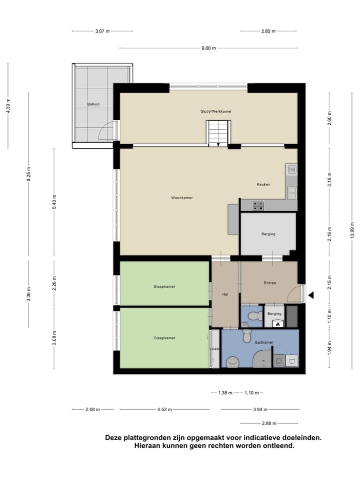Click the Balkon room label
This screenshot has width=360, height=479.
tap(93, 104)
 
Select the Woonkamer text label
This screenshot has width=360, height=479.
tap(181, 198)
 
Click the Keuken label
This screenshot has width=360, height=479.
tap(263, 184)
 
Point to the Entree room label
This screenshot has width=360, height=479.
tap(270, 283)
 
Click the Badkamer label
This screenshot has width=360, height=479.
tap(263, 342)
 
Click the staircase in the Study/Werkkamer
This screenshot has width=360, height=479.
tap(218, 134)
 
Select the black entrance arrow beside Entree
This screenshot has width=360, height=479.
tap(311, 296)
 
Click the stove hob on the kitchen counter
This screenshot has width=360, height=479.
tap(258, 204)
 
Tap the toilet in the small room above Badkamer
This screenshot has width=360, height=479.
tap(255, 315)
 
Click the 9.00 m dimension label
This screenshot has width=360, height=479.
tap(208, 48)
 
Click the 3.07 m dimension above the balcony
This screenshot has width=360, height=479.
tap(102, 31)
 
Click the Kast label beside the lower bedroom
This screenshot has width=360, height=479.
tap(215, 349)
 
